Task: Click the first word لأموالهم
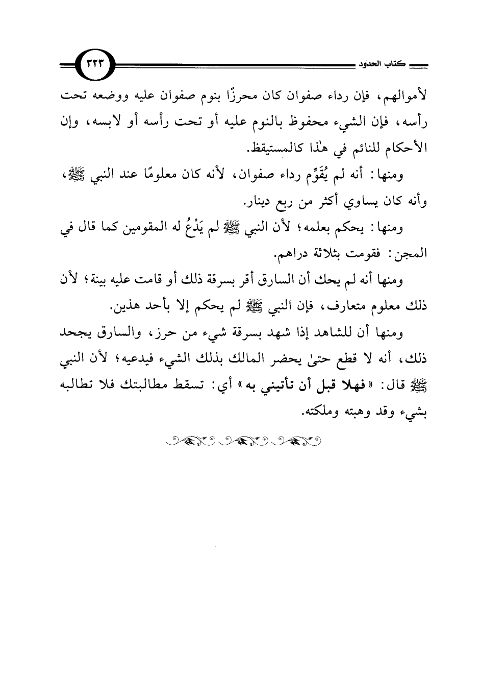tap(406, 96)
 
